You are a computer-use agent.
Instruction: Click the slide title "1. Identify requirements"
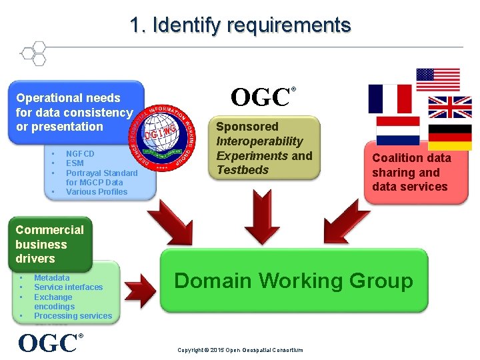coord(240,25)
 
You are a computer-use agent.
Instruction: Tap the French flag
coord(390,99)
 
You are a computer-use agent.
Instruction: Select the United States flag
coord(438,79)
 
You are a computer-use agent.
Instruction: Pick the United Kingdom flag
coord(449,107)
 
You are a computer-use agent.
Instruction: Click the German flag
coord(449,137)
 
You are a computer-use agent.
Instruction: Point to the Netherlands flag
coord(398,131)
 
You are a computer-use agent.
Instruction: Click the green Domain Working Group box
coord(293,281)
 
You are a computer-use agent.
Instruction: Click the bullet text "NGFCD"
coord(80,154)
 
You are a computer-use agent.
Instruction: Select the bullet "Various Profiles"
coord(96,192)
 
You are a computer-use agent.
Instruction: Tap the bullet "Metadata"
coord(52,278)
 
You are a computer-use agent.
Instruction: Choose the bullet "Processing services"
coord(73,316)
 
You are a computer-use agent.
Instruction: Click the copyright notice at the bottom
coord(240,350)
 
